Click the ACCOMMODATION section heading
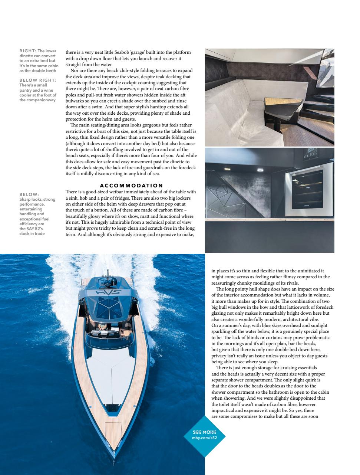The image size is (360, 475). [x=131, y=186]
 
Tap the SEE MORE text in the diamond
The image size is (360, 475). [x=204, y=432]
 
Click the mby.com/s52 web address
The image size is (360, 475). [x=204, y=438]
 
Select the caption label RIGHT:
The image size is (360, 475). [x=27, y=51]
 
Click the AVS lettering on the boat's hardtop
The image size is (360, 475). [x=108, y=293]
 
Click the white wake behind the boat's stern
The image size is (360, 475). [x=104, y=264]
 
